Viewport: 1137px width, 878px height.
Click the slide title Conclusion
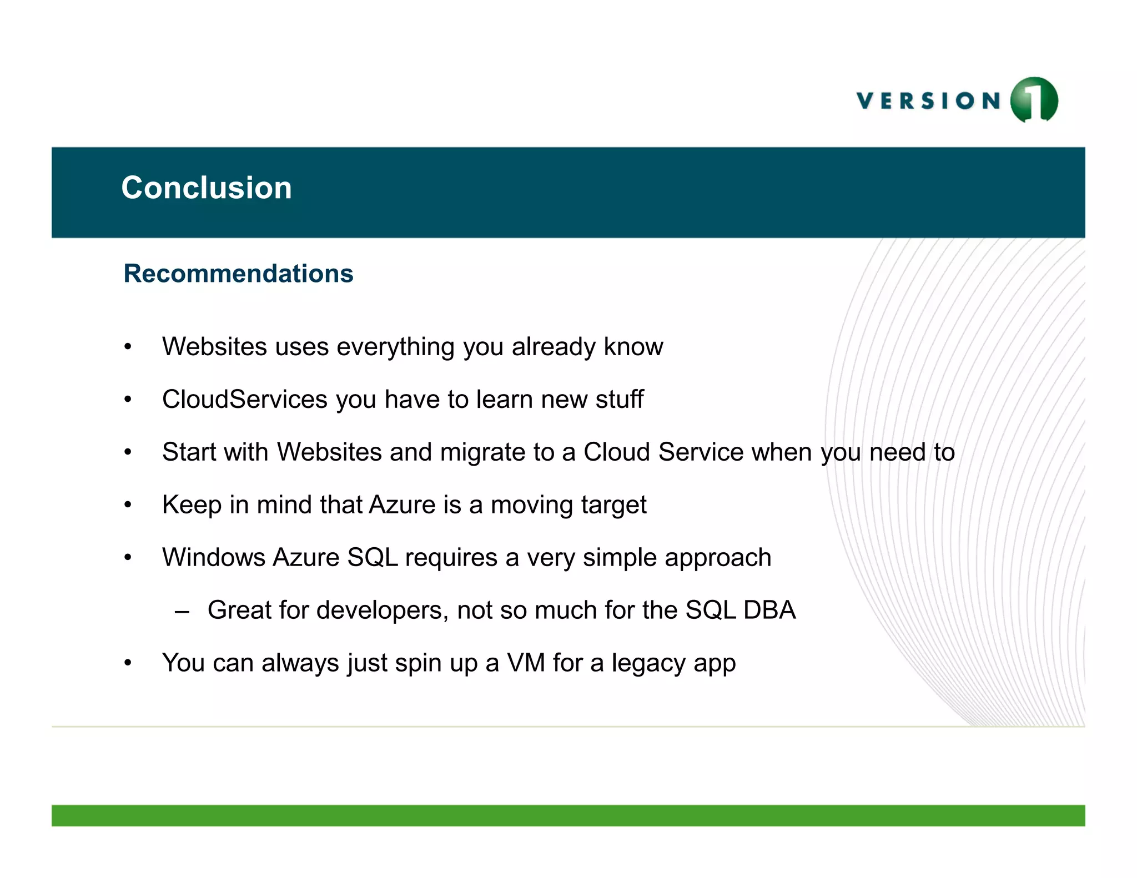(207, 188)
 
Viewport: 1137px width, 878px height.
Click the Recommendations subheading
(238, 274)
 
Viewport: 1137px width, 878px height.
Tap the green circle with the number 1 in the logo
(1034, 100)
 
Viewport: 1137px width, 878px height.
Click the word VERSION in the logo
(928, 101)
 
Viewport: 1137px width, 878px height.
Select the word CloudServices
(245, 399)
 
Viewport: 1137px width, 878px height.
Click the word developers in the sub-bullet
(363, 610)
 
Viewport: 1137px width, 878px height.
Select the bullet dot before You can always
(128, 663)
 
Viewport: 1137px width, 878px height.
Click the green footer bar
(568, 815)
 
